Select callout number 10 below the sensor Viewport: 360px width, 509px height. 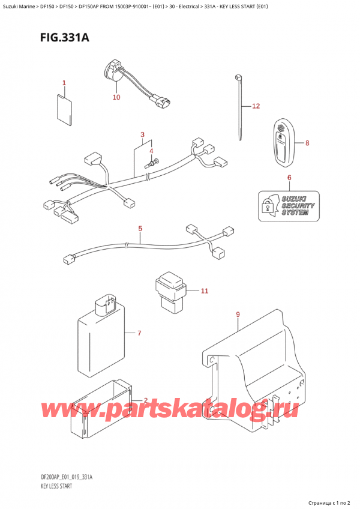tap(116, 97)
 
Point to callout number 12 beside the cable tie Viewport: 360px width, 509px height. tap(256, 107)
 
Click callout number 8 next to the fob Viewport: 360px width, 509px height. tap(307, 143)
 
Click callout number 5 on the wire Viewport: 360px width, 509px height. tap(140, 229)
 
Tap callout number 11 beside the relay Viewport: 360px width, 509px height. tap(204, 292)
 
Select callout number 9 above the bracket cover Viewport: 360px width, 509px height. tap(238, 315)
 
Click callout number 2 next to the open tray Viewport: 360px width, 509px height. tap(145, 401)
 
